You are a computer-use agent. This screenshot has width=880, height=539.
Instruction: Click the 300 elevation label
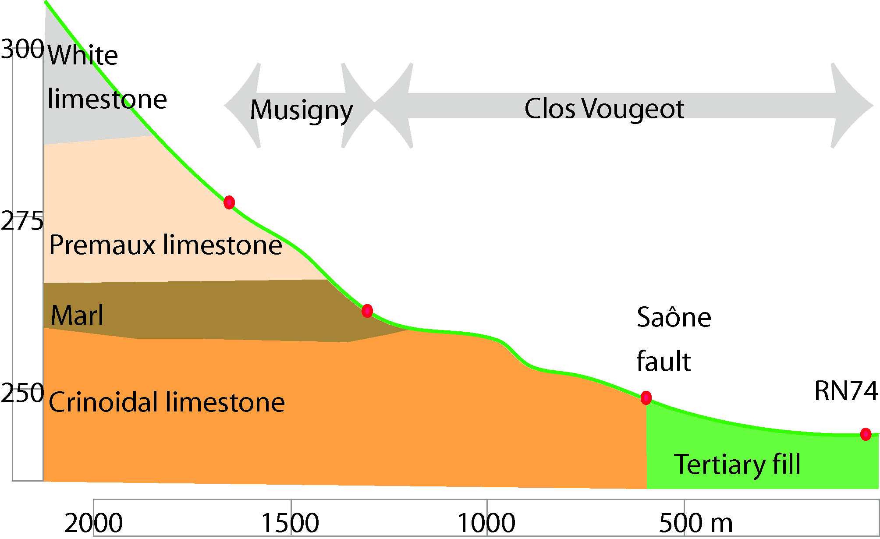[x=22, y=49]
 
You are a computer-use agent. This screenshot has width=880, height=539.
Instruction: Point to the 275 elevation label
[x=22, y=221]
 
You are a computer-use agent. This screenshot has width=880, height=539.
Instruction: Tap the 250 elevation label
[x=22, y=393]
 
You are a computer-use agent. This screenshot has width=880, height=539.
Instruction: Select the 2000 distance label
[x=93, y=523]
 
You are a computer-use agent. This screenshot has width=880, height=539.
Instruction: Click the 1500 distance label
[x=290, y=523]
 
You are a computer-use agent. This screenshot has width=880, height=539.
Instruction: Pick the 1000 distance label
[x=486, y=523]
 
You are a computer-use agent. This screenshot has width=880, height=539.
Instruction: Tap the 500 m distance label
[x=695, y=523]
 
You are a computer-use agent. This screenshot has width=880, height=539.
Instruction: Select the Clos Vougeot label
[x=604, y=108]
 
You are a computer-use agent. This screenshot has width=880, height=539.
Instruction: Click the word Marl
[x=77, y=315]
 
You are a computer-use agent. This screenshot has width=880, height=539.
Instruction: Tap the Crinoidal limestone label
[x=167, y=402]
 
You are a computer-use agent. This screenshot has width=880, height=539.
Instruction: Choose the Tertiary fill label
[x=737, y=464]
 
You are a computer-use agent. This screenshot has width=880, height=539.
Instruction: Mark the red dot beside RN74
[x=866, y=434]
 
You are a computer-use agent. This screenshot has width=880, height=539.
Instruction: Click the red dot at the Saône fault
[x=646, y=397]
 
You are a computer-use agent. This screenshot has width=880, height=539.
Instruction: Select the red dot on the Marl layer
[x=367, y=311]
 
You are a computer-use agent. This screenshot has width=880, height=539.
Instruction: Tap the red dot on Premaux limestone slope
[x=229, y=202]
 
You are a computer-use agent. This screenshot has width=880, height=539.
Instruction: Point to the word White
[x=82, y=55]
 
